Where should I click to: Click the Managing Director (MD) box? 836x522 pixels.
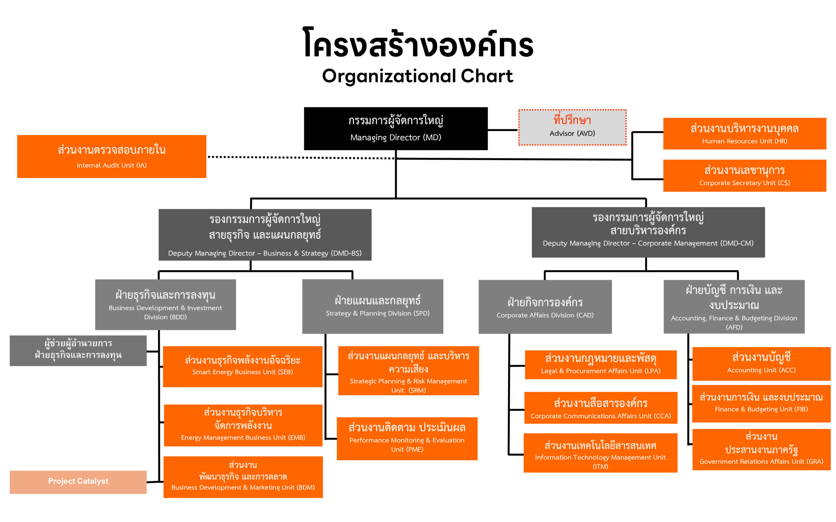(x=395, y=128)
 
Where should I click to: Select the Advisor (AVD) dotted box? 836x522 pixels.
(x=572, y=127)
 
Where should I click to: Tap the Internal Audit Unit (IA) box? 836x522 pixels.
(x=112, y=157)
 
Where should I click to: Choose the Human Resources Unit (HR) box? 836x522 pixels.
(x=744, y=134)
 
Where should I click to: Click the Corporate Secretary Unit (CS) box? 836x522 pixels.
(x=744, y=175)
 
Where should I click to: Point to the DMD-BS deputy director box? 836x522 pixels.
(x=265, y=234)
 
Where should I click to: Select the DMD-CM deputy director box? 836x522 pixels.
(x=648, y=232)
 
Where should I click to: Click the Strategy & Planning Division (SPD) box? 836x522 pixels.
(x=372, y=306)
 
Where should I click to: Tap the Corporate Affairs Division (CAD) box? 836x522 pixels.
(x=545, y=306)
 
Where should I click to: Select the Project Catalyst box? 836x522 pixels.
(x=78, y=482)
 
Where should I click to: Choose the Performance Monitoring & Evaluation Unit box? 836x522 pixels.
(x=407, y=439)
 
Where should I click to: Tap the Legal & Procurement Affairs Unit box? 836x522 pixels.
(x=601, y=365)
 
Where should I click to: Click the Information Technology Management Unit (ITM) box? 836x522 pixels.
(x=600, y=453)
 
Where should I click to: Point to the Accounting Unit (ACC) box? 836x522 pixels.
(x=761, y=364)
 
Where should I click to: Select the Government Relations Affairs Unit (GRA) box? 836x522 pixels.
(x=761, y=449)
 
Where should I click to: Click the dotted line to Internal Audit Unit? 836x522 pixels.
(x=301, y=157)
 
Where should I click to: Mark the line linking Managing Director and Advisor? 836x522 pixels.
(x=503, y=130)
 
